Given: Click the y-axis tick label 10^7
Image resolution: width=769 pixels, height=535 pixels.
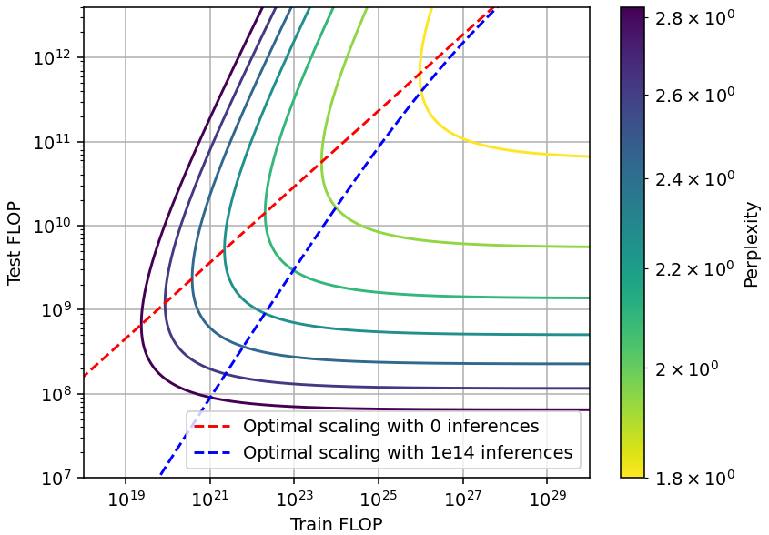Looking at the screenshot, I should click(57, 478).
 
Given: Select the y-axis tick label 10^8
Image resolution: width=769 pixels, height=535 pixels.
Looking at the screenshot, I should click(57, 394).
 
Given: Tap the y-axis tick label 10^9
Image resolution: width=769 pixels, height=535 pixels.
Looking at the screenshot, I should click(57, 310).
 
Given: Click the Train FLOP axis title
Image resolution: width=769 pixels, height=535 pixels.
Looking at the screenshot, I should click(336, 523).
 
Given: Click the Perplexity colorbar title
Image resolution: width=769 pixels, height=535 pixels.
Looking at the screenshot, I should click(752, 244).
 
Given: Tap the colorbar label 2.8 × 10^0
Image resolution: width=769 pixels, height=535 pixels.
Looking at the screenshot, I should click(693, 17).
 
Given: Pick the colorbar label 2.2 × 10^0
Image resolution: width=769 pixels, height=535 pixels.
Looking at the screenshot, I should click(693, 269).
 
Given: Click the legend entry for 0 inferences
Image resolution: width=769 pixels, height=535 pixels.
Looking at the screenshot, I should click(390, 426).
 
